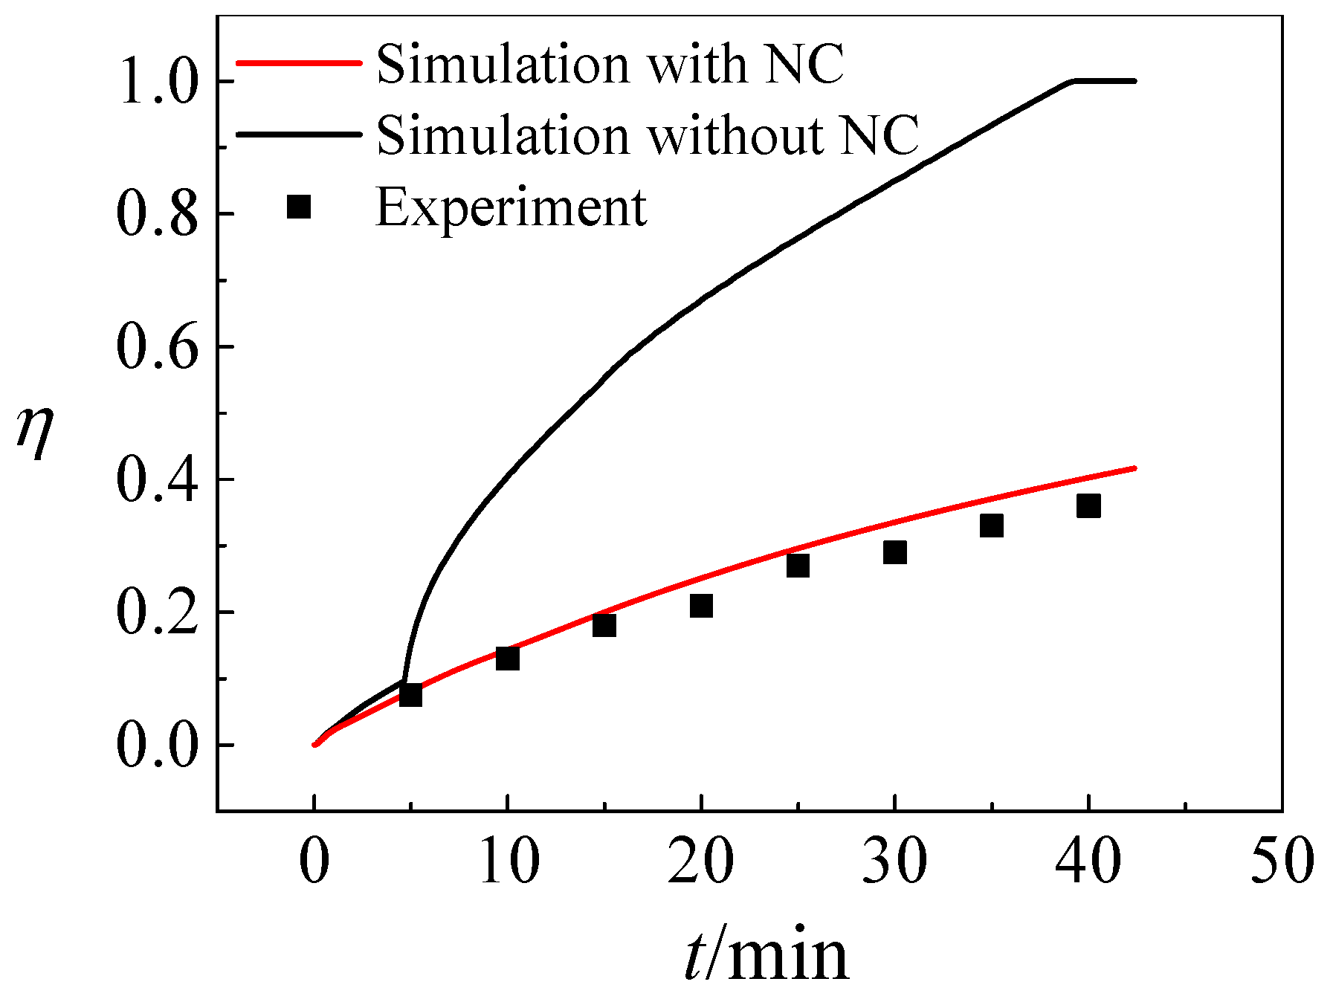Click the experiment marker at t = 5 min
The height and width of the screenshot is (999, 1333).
coord(410,695)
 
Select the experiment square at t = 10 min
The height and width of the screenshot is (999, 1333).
coord(507,658)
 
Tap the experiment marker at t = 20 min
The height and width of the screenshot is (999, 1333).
coord(701,606)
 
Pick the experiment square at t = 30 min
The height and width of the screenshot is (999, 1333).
coord(895,552)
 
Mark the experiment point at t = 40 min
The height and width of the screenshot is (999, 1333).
coord(1088,506)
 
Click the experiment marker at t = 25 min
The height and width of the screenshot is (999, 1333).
coord(798,566)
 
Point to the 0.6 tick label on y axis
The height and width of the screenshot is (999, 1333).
coord(158,347)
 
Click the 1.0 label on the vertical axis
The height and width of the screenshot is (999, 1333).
coord(158,82)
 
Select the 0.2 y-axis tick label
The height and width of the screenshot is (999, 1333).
coord(158,613)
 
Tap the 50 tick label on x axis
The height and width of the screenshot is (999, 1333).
coord(1282,861)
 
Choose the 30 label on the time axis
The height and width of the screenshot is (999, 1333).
coord(895,861)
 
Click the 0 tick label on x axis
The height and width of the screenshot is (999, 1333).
coord(314,861)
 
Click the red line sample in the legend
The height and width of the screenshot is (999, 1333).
coord(297,62)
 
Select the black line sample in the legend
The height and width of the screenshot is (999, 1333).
coord(297,135)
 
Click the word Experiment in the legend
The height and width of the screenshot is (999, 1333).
coord(511,208)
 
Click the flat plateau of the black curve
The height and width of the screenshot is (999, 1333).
coord(1104,80)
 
